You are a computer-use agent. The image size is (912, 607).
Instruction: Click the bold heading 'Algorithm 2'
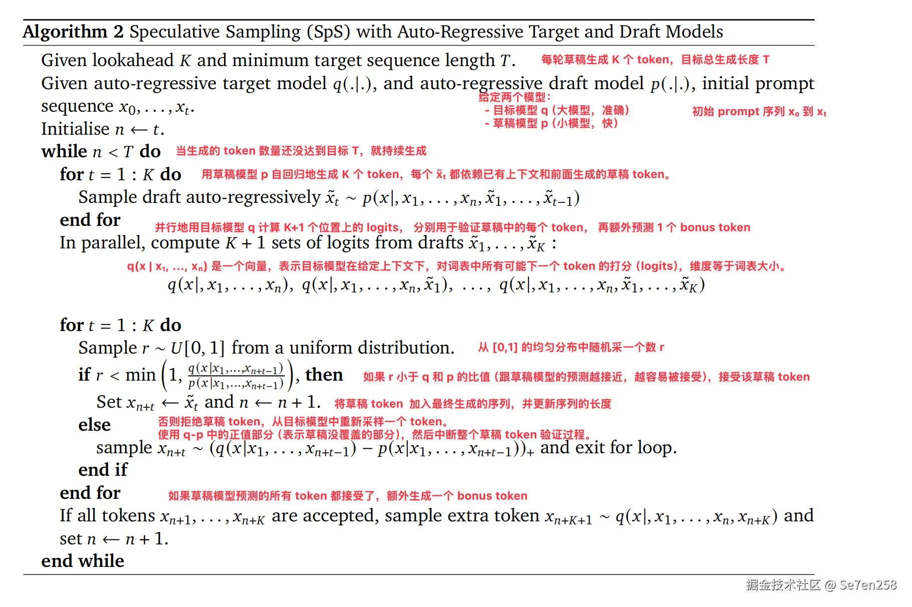tap(73, 32)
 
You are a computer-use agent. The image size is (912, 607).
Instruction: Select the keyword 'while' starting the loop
tap(64, 151)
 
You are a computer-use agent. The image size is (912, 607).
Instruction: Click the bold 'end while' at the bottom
tap(83, 561)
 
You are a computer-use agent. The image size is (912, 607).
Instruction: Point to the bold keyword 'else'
tap(94, 425)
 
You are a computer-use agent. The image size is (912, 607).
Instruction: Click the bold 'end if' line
tap(103, 470)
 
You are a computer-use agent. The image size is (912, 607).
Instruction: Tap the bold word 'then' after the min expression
tap(324, 375)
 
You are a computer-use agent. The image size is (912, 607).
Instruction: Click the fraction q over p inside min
tap(236, 376)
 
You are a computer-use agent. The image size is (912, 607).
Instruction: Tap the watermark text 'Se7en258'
tap(868, 585)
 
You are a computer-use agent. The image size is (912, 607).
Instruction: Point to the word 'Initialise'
tap(75, 129)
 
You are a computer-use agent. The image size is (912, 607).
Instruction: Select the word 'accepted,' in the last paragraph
tap(340, 516)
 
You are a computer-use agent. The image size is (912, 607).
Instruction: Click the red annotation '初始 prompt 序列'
tap(739, 112)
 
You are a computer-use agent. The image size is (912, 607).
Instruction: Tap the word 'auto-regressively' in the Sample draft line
tap(253, 197)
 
